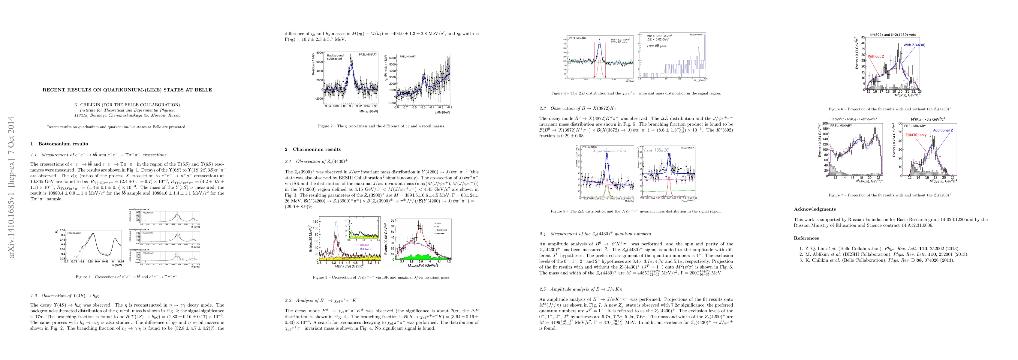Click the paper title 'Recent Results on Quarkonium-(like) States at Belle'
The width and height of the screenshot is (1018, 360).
point(127,90)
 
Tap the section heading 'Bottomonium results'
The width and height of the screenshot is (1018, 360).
point(63,144)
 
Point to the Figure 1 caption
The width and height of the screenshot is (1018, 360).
point(127,277)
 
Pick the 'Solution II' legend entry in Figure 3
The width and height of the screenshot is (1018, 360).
point(365,249)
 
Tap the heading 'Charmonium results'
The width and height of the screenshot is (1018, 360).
point(317,149)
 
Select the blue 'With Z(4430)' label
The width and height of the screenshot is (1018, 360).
point(914,45)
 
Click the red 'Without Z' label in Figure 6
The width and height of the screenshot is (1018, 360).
point(876,56)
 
